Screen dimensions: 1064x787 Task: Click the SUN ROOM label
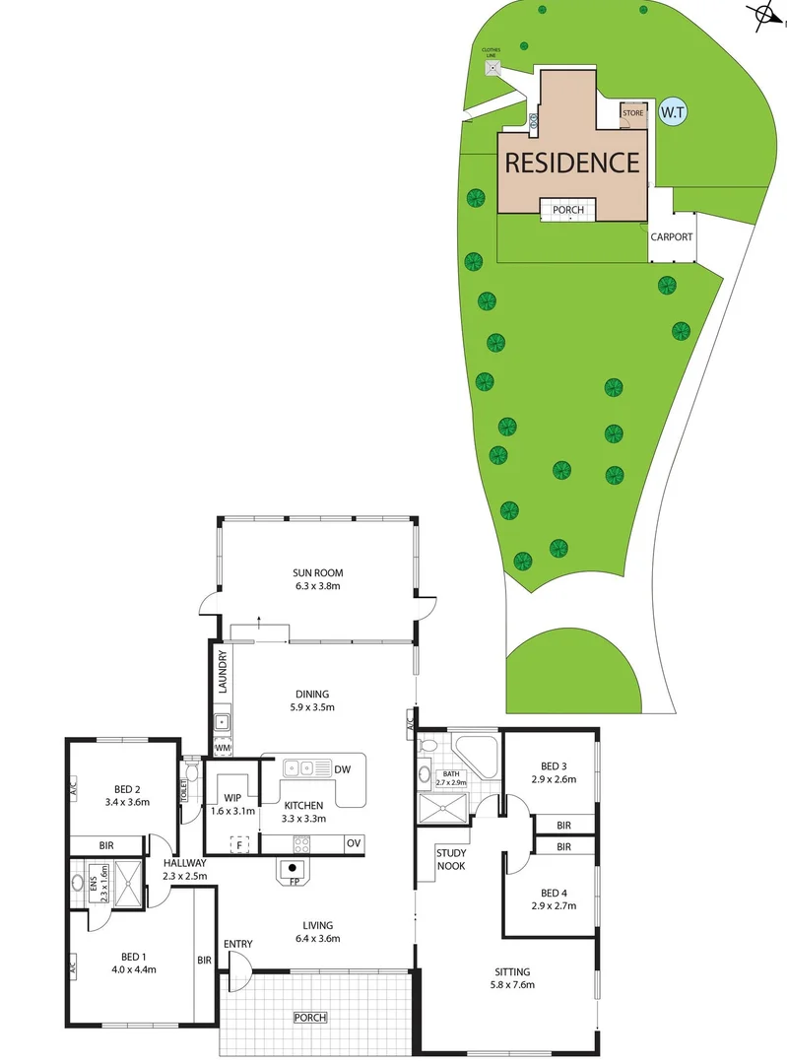(317, 572)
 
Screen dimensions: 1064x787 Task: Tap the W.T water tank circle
(673, 112)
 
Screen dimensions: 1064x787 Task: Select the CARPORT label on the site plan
(672, 237)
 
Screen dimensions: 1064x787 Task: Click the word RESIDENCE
(572, 162)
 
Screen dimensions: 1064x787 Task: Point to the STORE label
(632, 113)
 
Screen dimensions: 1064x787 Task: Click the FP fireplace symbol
(294, 870)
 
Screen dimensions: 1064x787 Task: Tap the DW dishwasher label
(342, 768)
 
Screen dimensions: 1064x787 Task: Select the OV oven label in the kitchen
(353, 843)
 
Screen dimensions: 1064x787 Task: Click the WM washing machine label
(223, 750)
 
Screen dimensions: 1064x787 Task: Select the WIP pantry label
(232, 798)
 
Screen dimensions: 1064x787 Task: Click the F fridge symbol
(237, 844)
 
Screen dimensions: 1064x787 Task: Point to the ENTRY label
(238, 945)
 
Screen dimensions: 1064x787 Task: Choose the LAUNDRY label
(224, 672)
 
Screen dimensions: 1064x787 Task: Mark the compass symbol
(764, 14)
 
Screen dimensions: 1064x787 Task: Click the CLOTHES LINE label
(492, 52)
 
